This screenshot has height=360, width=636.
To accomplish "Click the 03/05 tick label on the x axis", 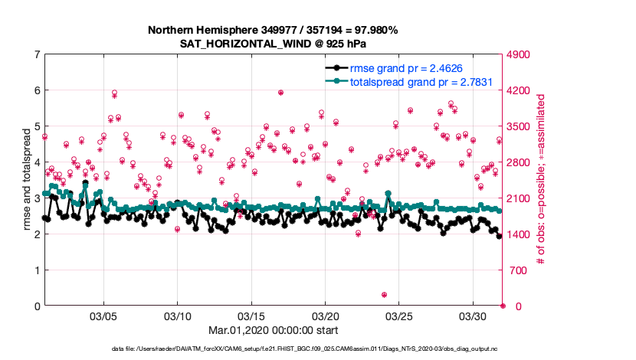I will pos(103,316).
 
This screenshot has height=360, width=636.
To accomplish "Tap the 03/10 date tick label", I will pos(178,316).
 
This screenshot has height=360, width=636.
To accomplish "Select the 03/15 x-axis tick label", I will pos(251,316).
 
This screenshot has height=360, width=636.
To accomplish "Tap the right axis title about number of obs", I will pos(541,180).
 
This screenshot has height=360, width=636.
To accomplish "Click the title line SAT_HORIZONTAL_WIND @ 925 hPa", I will pos(274,43).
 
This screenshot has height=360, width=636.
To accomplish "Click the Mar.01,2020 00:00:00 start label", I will pos(274,331).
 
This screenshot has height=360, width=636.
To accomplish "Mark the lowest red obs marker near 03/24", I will pos(384,295).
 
